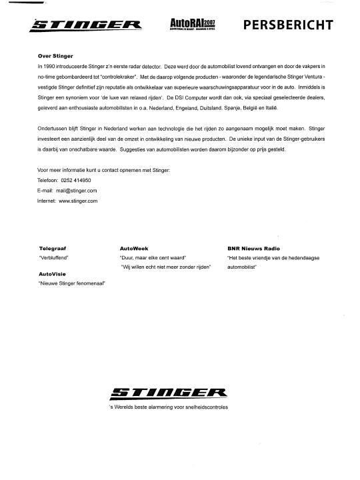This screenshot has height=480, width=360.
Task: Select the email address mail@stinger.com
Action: [77, 190]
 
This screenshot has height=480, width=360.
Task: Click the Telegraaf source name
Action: [53, 247]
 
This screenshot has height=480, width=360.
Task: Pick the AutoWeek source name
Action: [133, 247]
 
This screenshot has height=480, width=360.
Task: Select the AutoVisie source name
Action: [53, 273]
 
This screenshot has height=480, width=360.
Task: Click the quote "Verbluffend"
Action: [55, 257]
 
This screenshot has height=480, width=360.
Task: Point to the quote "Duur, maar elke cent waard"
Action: [153, 257]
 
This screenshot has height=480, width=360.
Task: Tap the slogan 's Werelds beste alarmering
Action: [168, 406]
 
